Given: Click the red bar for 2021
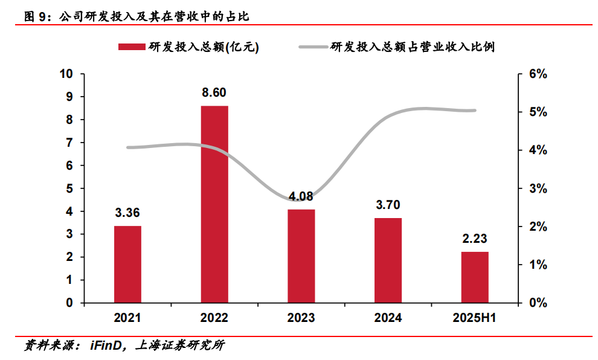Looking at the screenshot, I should click(127, 264).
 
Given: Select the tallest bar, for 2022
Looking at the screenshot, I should click(214, 204).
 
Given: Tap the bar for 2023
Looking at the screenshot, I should click(301, 256).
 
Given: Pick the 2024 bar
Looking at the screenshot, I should click(388, 260).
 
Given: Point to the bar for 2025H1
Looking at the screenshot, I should click(474, 277).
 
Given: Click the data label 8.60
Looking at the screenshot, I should click(214, 92).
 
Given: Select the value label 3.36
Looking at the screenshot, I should click(127, 213).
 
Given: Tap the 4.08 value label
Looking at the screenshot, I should click(301, 196).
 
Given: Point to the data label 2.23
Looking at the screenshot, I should click(474, 239).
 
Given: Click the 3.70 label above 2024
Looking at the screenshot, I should click(388, 205).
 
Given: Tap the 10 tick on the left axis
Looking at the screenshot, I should click(66, 74).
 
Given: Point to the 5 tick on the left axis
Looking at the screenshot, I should click(69, 188).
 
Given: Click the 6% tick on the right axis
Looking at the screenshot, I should click(537, 74).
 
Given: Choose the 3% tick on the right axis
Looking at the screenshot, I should click(537, 188).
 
